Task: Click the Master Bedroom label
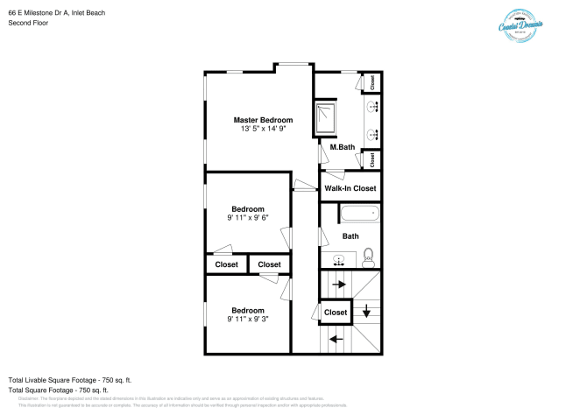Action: [x=263, y=119]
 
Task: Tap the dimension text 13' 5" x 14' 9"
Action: [x=263, y=129]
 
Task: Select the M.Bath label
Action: [x=342, y=147]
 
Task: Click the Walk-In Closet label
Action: [x=350, y=188]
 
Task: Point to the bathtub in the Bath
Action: [x=358, y=213]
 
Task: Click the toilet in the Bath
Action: [x=369, y=256]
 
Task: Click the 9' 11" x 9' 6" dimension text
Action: [x=248, y=218]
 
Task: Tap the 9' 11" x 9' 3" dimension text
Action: [x=248, y=319]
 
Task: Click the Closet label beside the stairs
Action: [x=336, y=313]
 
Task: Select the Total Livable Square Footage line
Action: [x=69, y=379]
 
